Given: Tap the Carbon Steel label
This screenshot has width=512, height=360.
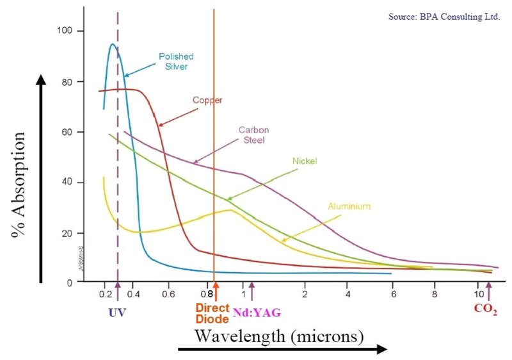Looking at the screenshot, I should [x=252, y=135].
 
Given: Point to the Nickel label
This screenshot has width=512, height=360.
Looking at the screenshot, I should [x=304, y=161].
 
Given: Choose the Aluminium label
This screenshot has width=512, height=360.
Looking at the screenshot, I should [x=349, y=206].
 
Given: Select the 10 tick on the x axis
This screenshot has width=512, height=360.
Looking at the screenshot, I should [x=480, y=294].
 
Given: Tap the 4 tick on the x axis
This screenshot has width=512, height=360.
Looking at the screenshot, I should [x=348, y=294].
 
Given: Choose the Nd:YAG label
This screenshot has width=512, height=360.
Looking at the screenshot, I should [x=257, y=312].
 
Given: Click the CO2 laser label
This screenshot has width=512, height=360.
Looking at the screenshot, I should [x=486, y=309].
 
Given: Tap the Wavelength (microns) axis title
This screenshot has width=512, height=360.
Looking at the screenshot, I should [x=280, y=335].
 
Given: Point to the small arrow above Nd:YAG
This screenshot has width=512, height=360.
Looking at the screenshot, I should [x=252, y=291].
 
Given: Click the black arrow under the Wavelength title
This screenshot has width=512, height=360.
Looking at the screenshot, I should [x=282, y=350].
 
